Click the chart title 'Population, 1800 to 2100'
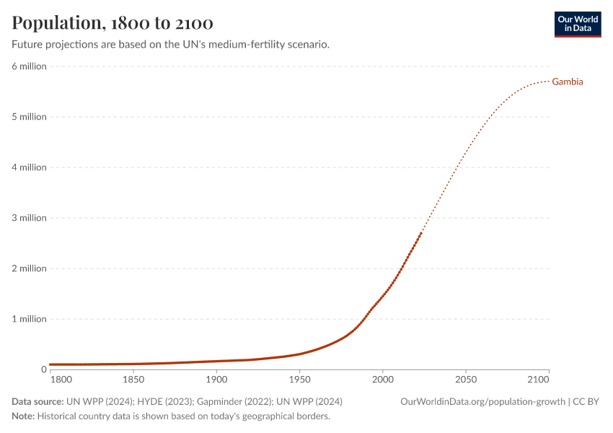pos(112,23)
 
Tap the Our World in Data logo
pos(577,24)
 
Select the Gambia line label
pos(568,82)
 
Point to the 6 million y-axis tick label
pos(29,66)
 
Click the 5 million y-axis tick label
pos(29,117)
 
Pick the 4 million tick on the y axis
pos(29,167)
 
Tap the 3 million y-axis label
pos(29,218)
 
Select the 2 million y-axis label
pos(29,268)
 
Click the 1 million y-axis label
pos(29,319)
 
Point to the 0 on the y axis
pos(43,369)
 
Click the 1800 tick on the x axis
pos(61,379)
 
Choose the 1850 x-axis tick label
pos(133,379)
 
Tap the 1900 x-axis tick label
pos(216,379)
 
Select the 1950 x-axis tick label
pos(299,379)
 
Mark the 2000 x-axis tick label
pos(383,379)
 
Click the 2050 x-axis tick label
pos(466,379)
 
